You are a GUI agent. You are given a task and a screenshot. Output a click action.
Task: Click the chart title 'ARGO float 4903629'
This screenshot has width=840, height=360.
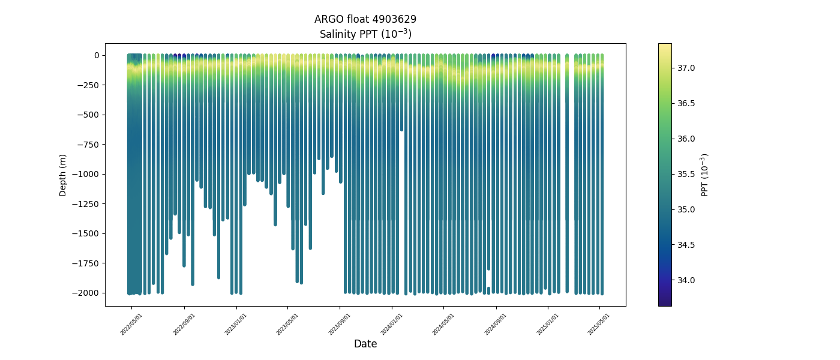(365, 19)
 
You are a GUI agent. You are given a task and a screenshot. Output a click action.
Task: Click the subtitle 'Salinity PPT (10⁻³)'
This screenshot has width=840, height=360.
(365, 34)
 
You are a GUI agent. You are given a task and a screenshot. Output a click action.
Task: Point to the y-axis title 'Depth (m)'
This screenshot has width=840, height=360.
(63, 175)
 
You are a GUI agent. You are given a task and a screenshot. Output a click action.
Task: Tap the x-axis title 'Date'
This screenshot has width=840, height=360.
(365, 344)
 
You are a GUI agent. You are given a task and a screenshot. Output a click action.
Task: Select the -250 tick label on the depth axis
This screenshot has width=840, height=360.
(88, 85)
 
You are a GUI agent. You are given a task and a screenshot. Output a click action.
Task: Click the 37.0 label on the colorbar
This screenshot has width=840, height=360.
(686, 68)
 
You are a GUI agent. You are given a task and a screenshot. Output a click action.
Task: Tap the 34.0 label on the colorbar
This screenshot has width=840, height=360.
(686, 280)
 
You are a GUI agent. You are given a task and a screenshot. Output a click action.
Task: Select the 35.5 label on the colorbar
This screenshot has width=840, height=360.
(686, 174)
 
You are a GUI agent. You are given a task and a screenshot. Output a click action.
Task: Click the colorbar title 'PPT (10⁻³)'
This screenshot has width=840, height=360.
(705, 175)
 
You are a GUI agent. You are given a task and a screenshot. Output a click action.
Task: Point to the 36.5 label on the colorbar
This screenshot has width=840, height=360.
(686, 103)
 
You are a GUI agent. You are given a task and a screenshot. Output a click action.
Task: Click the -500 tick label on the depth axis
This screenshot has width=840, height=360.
(88, 115)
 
